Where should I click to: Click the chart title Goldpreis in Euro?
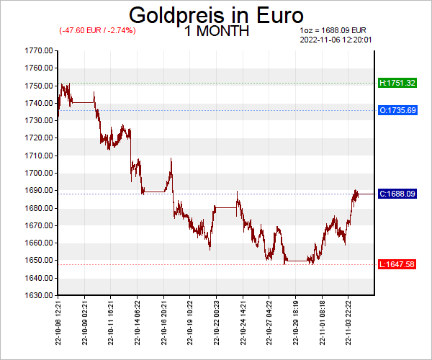(216, 16)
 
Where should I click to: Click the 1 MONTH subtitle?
(217, 31)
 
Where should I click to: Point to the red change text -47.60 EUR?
(97, 30)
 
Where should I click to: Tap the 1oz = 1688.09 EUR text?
(333, 30)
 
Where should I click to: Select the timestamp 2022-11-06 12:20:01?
(335, 40)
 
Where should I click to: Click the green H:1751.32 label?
(397, 83)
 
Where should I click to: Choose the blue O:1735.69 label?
(397, 110)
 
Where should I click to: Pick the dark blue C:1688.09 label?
(397, 194)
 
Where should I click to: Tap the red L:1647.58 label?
(397, 264)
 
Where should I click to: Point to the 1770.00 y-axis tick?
(38, 50)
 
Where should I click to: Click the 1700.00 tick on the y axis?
(38, 173)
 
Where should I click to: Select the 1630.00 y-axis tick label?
(38, 295)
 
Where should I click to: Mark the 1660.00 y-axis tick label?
(38, 243)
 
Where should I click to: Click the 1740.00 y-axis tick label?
(38, 103)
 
